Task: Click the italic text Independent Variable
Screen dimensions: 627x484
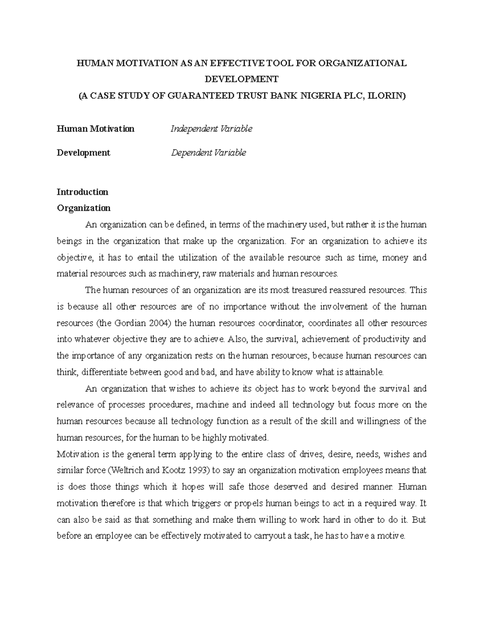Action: point(211,129)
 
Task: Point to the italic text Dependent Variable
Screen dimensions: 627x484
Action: point(208,153)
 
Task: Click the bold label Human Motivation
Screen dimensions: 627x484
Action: point(96,129)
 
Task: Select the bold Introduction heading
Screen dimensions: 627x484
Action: point(82,192)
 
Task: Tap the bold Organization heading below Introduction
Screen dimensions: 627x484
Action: point(83,208)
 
